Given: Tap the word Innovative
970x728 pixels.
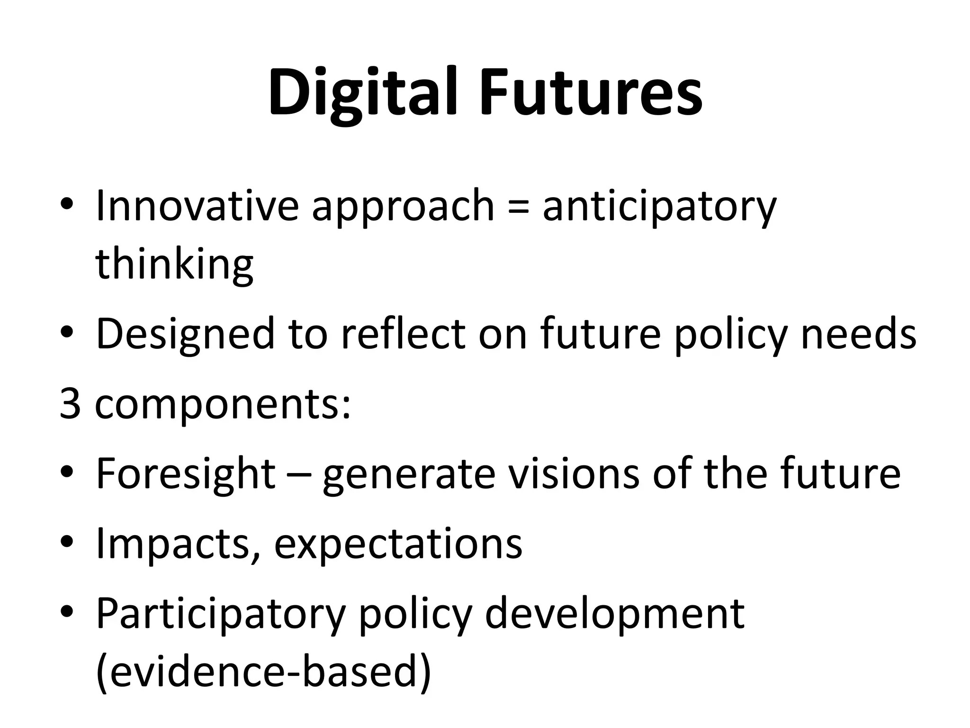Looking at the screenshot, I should (197, 206).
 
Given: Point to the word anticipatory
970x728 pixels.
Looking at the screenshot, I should (659, 207).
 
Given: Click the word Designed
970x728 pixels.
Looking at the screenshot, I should (185, 335).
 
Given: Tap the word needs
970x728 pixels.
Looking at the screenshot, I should (858, 334).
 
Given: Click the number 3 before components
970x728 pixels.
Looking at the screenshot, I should (70, 404).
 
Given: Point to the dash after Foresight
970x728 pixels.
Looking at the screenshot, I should (298, 475).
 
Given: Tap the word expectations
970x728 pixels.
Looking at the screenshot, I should (398, 545).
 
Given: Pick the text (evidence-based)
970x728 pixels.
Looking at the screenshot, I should (263, 673).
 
